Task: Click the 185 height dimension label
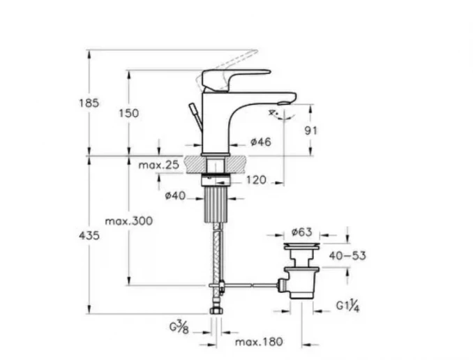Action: [x=89, y=103]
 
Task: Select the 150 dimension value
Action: [x=129, y=114]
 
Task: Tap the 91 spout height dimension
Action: [x=310, y=130]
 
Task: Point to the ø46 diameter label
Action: [x=261, y=142]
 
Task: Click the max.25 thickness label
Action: [x=158, y=165]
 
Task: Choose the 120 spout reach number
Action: [x=257, y=180]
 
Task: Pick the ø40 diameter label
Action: [x=175, y=196]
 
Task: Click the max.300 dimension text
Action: [x=129, y=221]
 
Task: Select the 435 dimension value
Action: [x=89, y=235]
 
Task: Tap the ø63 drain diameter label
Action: [x=301, y=232]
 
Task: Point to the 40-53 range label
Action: [x=347, y=256]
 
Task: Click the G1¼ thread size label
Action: [x=348, y=306]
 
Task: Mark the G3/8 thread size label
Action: [x=179, y=327]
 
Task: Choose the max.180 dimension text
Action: [x=259, y=342]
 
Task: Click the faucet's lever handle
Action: [x=236, y=80]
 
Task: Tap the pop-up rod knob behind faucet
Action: [x=193, y=108]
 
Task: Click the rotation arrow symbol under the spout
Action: [x=282, y=115]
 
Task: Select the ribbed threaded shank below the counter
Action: [x=216, y=204]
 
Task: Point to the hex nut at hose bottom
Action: [x=216, y=311]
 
